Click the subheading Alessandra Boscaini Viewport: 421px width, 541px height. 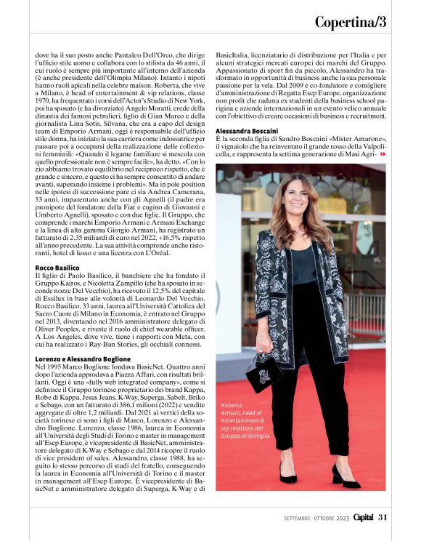[247, 131]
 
